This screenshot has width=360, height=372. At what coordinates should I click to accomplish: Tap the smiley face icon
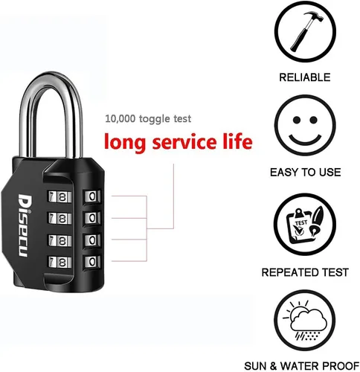click(305, 125)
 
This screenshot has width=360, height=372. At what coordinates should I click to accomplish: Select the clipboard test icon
click(305, 225)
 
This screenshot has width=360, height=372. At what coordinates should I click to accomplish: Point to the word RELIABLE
click(305, 77)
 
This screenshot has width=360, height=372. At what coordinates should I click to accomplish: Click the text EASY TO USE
click(306, 173)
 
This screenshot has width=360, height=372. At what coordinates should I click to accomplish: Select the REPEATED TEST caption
click(305, 272)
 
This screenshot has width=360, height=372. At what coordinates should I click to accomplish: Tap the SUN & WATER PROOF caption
click(302, 366)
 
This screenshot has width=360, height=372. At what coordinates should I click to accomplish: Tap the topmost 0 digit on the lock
click(92, 196)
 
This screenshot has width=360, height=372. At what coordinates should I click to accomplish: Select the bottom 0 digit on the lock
click(92, 262)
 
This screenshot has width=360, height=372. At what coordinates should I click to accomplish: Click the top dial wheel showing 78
click(60, 197)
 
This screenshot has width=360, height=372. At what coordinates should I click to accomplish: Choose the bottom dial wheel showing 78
click(60, 262)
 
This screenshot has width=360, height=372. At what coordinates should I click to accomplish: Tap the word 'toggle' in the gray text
click(154, 119)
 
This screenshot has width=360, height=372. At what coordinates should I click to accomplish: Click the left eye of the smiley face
click(297, 120)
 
